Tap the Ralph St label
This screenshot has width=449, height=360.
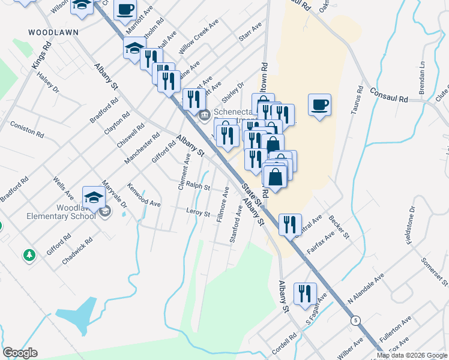(197, 187)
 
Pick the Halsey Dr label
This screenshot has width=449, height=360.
(48, 82)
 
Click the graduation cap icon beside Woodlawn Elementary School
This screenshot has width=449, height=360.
(94, 197)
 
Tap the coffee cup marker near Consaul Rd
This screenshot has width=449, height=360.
(319, 105)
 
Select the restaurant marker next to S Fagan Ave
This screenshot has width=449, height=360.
(305, 293)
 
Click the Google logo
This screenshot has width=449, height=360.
(20, 353)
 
